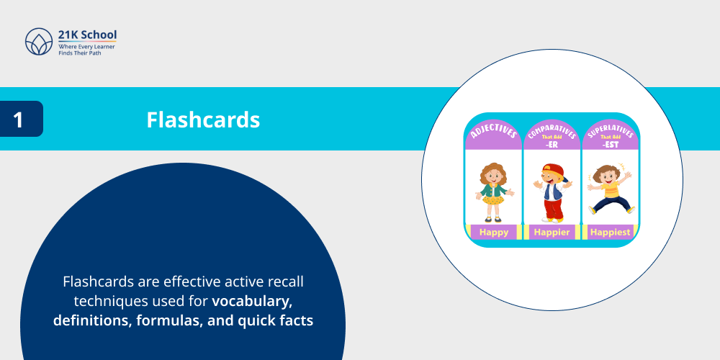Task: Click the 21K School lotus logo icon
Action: pyautogui.click(x=39, y=42)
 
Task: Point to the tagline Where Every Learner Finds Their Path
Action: pyautogui.click(x=86, y=50)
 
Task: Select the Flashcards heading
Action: pyautogui.click(x=203, y=120)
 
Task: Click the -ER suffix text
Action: pyautogui.click(x=552, y=143)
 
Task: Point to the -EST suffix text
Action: pyautogui.click(x=611, y=143)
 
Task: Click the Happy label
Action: pyautogui.click(x=493, y=232)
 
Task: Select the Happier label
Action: pyautogui.click(x=552, y=232)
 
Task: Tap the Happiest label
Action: pyautogui.click(x=610, y=232)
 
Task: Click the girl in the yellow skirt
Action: pyautogui.click(x=493, y=191)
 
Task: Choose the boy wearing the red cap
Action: pyautogui.click(x=552, y=191)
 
